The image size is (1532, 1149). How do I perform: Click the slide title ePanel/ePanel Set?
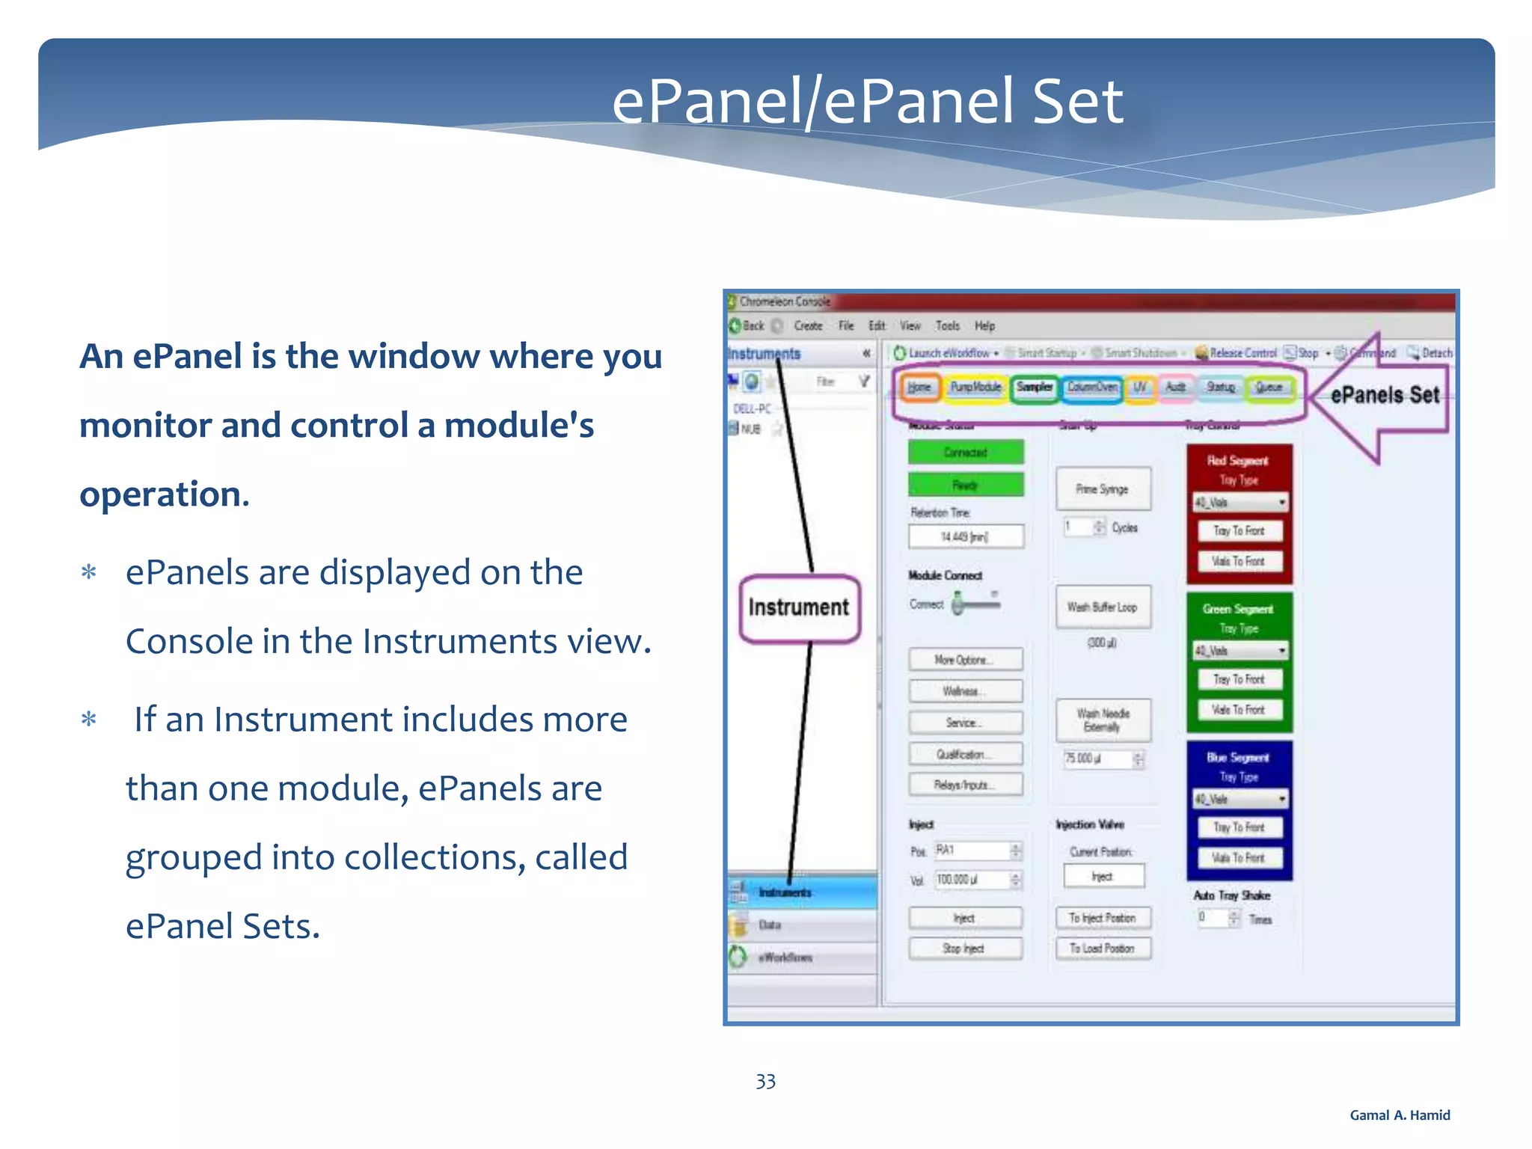click(x=867, y=102)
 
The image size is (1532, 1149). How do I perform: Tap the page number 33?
click(x=765, y=1081)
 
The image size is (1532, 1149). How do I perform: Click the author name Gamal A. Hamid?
click(x=1399, y=1115)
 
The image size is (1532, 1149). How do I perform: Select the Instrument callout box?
click(x=799, y=607)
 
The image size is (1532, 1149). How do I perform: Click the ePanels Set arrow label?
click(x=1384, y=395)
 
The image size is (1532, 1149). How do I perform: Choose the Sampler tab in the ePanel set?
click(x=1035, y=387)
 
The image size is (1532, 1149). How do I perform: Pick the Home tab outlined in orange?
click(x=919, y=387)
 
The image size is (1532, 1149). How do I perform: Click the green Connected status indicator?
click(x=965, y=453)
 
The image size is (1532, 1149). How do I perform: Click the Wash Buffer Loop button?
click(x=1103, y=607)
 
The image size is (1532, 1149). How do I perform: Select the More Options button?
click(x=965, y=660)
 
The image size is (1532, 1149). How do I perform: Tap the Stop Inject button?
click(x=965, y=949)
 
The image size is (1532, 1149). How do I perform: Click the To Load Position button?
click(x=1103, y=949)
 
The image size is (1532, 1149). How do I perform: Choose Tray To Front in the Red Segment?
click(x=1239, y=530)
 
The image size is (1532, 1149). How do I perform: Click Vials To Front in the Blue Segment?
click(x=1239, y=858)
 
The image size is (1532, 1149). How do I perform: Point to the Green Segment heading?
click(x=1238, y=609)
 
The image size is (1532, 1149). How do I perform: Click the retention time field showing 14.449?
click(x=965, y=536)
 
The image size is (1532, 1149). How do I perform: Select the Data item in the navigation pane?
click(x=770, y=925)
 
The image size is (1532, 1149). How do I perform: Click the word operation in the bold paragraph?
click(x=164, y=494)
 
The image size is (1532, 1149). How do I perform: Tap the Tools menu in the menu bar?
click(x=947, y=325)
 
